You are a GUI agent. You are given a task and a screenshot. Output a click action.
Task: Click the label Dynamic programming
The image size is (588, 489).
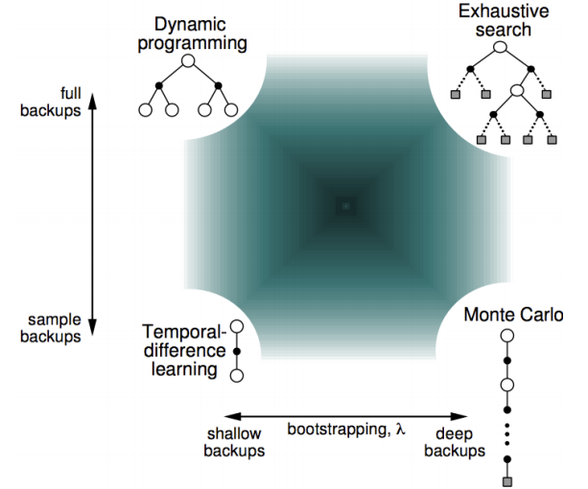click(193, 35)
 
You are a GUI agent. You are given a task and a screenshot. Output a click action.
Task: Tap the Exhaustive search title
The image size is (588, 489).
click(504, 20)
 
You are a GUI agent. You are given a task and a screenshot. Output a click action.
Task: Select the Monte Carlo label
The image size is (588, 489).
click(513, 314)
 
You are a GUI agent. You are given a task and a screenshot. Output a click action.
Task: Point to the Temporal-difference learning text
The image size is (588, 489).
click(184, 350)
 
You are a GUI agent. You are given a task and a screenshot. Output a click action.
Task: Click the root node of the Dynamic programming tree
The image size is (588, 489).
click(188, 60)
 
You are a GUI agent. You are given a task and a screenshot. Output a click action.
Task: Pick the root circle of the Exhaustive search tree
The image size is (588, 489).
click(501, 47)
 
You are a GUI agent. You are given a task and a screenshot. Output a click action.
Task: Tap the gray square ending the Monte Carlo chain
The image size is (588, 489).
click(507, 481)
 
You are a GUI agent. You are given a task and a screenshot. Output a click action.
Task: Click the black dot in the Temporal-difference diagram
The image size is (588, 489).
click(237, 352)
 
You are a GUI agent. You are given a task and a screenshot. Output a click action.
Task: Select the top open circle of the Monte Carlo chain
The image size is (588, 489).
click(507, 336)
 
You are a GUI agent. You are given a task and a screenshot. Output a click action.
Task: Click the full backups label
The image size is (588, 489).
click(51, 102)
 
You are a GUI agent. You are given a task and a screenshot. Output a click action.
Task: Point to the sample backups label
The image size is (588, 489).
click(51, 328)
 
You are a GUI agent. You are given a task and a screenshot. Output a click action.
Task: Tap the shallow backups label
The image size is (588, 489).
click(234, 443)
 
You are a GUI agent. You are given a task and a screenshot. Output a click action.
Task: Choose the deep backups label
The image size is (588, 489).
click(455, 443)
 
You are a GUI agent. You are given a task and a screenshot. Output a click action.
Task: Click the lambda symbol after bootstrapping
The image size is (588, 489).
click(401, 429)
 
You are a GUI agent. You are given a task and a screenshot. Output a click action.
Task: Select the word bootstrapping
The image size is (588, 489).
click(337, 430)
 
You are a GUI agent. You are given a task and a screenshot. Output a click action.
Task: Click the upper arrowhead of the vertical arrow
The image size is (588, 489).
click(92, 102)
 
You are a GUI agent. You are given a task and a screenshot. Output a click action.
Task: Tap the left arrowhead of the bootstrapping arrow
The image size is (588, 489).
click(232, 416)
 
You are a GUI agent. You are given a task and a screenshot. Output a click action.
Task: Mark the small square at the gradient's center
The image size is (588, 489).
click(346, 206)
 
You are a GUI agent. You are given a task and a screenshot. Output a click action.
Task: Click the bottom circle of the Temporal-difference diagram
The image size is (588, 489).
click(237, 376)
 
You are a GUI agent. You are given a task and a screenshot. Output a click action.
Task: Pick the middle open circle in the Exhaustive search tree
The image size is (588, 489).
click(517, 90)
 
